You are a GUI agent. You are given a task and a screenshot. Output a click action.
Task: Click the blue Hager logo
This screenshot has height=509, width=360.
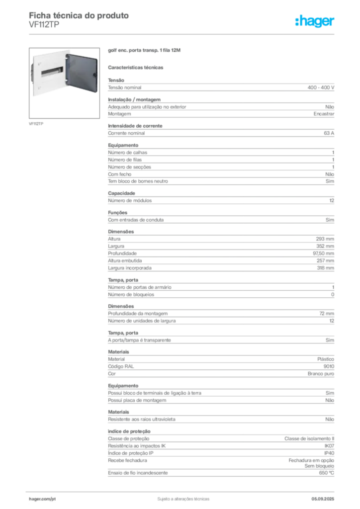[x=315, y=22]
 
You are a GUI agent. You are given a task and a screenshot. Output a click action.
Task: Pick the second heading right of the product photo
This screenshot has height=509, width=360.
[x=137, y=67]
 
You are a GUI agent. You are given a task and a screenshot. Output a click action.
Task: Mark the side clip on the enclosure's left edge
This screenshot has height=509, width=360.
[x=33, y=75]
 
